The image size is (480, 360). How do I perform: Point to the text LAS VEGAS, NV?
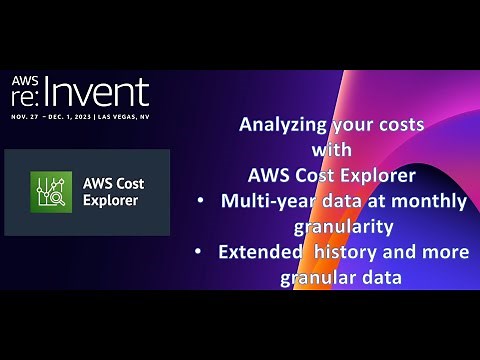click(121, 116)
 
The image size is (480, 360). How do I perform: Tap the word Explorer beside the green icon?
click(111, 199)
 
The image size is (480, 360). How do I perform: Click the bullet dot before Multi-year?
click(203, 202)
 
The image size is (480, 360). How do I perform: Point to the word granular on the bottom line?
click(319, 277)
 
